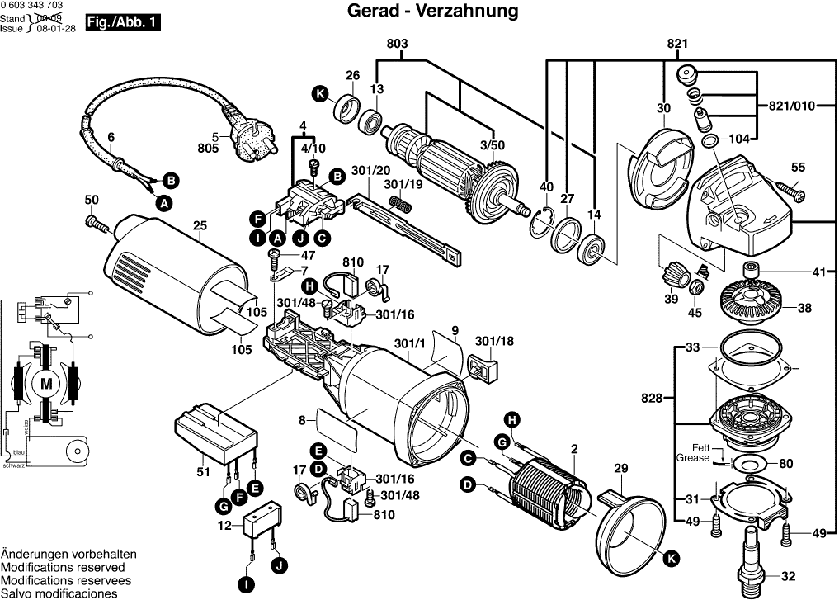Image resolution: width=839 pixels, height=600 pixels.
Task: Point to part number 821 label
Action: coord(678,44)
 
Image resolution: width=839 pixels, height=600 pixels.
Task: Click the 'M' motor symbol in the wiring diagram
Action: coord(47,383)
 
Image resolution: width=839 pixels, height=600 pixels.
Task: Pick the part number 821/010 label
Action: coord(791,106)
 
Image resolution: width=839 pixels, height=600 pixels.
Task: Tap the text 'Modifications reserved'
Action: coord(64,568)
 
